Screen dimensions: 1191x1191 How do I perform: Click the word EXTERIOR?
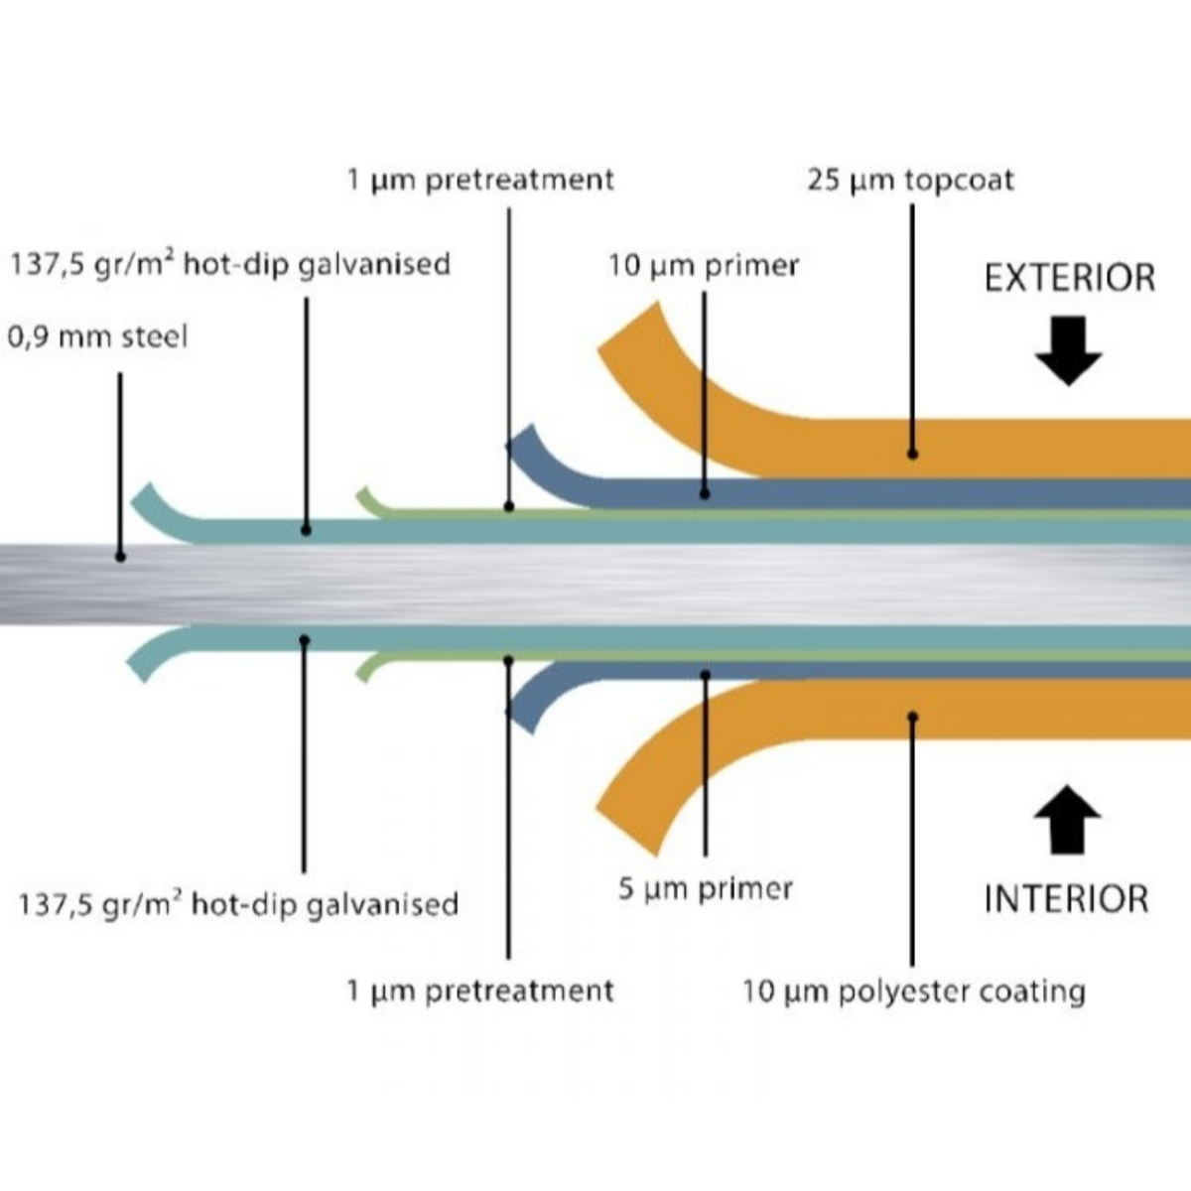1070,278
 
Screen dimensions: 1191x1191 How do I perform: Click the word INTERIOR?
1066,899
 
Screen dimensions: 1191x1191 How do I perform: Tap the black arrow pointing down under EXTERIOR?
1068,350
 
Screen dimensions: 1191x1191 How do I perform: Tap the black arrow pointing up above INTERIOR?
1067,819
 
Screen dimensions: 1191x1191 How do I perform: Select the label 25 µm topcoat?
910,182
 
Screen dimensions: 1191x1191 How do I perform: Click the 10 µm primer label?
704,266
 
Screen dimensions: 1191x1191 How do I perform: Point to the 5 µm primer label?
706,888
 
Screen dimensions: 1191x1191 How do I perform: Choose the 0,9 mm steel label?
97,337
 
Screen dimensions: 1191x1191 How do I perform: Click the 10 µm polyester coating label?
913,992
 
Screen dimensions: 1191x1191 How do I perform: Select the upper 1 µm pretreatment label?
480,181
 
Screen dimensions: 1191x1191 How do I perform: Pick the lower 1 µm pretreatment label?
480,991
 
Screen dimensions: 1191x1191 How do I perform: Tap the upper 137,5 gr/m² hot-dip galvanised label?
230,265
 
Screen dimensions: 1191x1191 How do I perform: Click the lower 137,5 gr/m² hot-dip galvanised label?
238,905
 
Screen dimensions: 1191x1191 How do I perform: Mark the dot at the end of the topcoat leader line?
912,454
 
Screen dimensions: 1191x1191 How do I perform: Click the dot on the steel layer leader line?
120,557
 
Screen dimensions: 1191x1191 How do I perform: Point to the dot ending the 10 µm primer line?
705,492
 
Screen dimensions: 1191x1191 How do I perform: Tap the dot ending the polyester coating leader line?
912,716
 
